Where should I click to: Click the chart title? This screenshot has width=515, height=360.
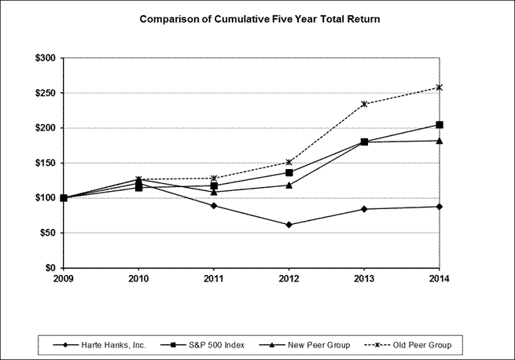point(259,19)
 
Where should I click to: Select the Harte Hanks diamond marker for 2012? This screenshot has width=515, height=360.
point(289,225)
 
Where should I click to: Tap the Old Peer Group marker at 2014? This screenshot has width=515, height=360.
point(440,87)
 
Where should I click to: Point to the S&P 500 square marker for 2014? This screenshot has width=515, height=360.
point(440,125)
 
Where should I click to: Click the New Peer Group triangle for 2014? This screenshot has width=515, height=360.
point(440,141)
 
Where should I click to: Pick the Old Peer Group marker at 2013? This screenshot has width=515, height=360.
point(364,104)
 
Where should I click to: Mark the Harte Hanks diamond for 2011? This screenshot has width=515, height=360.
point(214,206)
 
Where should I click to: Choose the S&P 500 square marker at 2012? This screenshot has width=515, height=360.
point(289,173)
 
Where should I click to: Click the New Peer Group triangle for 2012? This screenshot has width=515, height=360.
point(289,186)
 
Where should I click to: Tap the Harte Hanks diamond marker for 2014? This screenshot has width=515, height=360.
point(440,207)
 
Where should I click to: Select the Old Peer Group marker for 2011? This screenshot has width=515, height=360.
point(214,178)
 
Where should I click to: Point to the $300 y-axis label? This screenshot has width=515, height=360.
point(46,58)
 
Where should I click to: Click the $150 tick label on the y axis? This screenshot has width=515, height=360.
point(46,163)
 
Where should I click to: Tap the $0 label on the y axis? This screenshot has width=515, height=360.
point(50,268)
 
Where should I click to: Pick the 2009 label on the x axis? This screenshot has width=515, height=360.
point(64,279)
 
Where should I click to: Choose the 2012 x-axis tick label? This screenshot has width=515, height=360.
point(289,279)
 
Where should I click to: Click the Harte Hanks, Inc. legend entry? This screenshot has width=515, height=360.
point(99,345)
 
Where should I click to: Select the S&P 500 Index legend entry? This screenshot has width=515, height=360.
point(202,345)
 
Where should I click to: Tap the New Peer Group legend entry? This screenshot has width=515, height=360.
point(304,345)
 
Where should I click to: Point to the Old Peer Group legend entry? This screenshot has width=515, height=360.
point(408,345)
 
